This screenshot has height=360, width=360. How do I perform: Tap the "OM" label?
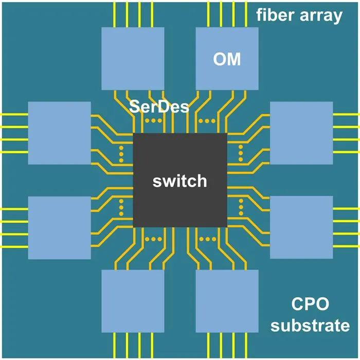(x=227, y=59)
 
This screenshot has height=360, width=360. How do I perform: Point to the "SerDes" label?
(x=159, y=106)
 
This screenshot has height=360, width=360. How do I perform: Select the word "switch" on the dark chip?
(x=180, y=181)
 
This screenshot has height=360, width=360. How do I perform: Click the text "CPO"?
(x=310, y=304)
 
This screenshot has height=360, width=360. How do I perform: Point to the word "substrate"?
(x=310, y=326)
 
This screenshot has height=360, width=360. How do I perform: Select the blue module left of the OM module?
(x=133, y=59)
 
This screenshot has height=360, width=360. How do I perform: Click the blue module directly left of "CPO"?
(x=227, y=301)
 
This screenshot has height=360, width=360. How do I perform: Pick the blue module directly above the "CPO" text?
(x=301, y=227)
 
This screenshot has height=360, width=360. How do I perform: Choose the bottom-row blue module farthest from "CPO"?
(x=133, y=301)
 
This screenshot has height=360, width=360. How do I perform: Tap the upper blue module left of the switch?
(x=60, y=133)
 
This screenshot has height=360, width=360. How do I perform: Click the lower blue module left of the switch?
(x=60, y=228)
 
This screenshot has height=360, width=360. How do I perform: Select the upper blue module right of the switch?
(x=301, y=133)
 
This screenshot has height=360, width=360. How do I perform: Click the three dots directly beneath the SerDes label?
(x=153, y=120)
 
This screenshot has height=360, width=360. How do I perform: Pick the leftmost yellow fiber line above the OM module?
(x=208, y=15)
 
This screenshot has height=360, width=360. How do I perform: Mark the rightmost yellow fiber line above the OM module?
(x=246, y=15)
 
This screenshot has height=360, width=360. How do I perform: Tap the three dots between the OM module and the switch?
(x=207, y=121)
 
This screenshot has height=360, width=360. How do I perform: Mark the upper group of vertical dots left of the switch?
(x=121, y=154)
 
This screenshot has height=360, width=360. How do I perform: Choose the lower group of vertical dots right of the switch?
(x=241, y=207)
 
